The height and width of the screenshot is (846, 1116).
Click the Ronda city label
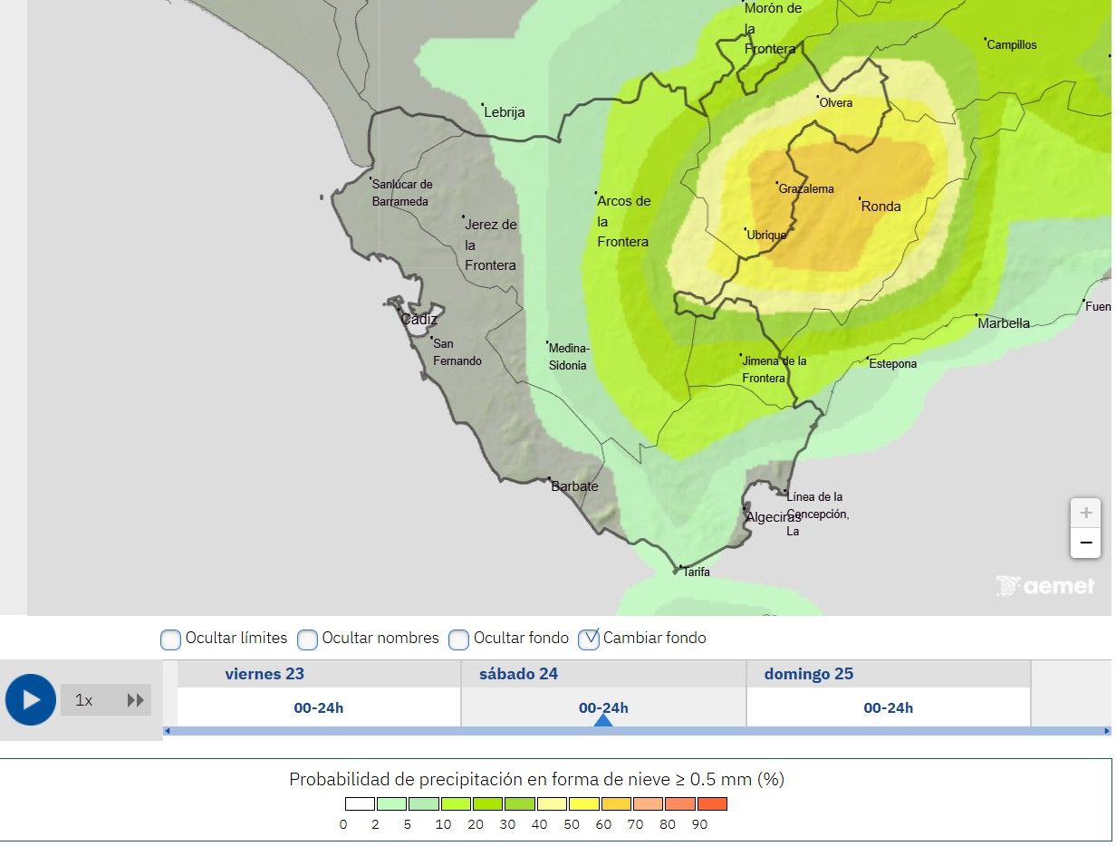880,207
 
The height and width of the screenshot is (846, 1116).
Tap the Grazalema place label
806,189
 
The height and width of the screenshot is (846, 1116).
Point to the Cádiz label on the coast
418,320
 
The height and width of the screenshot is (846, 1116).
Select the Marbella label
1004,323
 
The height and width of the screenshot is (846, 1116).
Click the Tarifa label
697,572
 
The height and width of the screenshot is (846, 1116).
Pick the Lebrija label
505,113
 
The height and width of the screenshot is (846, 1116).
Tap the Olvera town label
836,103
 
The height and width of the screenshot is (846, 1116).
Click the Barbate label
574,486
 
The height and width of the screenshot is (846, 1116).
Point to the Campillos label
1012,45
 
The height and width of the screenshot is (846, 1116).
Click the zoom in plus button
1085,514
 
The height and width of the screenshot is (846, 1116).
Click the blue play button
31,700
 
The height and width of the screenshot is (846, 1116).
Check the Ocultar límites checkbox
171,639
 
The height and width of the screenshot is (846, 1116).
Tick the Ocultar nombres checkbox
308,639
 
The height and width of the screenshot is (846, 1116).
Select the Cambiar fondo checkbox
589,639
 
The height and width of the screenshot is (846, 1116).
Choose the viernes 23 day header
265,674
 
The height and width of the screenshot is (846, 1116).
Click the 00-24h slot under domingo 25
888,708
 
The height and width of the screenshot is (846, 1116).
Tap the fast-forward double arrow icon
136,700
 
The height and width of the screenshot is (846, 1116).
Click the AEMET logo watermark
1045,587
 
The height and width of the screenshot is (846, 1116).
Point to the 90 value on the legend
699,825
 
